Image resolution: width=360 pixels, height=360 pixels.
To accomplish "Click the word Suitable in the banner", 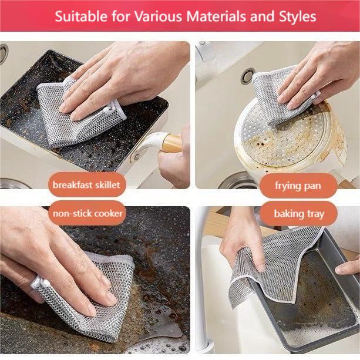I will pyautogui.click(x=77, y=16).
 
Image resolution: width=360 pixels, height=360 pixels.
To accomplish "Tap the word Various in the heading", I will pyautogui.click(x=155, y=16).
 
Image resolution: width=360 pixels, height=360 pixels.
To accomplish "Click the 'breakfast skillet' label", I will pyautogui.click(x=86, y=185).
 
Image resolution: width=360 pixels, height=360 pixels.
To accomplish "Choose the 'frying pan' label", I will pyautogui.click(x=298, y=186).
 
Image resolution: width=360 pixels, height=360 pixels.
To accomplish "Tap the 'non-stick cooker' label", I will pyautogui.click(x=88, y=213).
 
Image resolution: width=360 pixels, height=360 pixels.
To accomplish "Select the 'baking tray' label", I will pyautogui.click(x=298, y=214).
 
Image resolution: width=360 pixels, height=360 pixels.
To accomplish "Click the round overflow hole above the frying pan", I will pyautogui.click(x=247, y=76).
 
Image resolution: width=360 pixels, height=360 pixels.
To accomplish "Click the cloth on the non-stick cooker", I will pyautogui.click(x=94, y=300).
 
